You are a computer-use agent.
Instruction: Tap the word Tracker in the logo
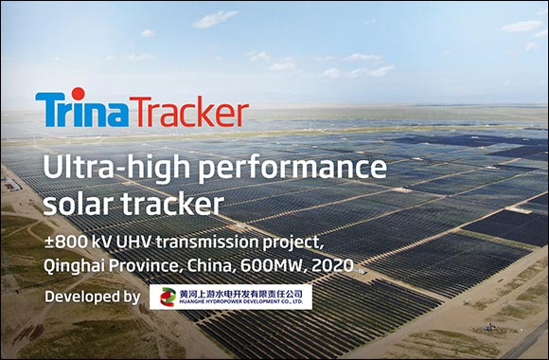click(188, 110)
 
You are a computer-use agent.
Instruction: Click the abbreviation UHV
click(127, 242)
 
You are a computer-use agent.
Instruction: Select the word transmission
click(207, 242)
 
